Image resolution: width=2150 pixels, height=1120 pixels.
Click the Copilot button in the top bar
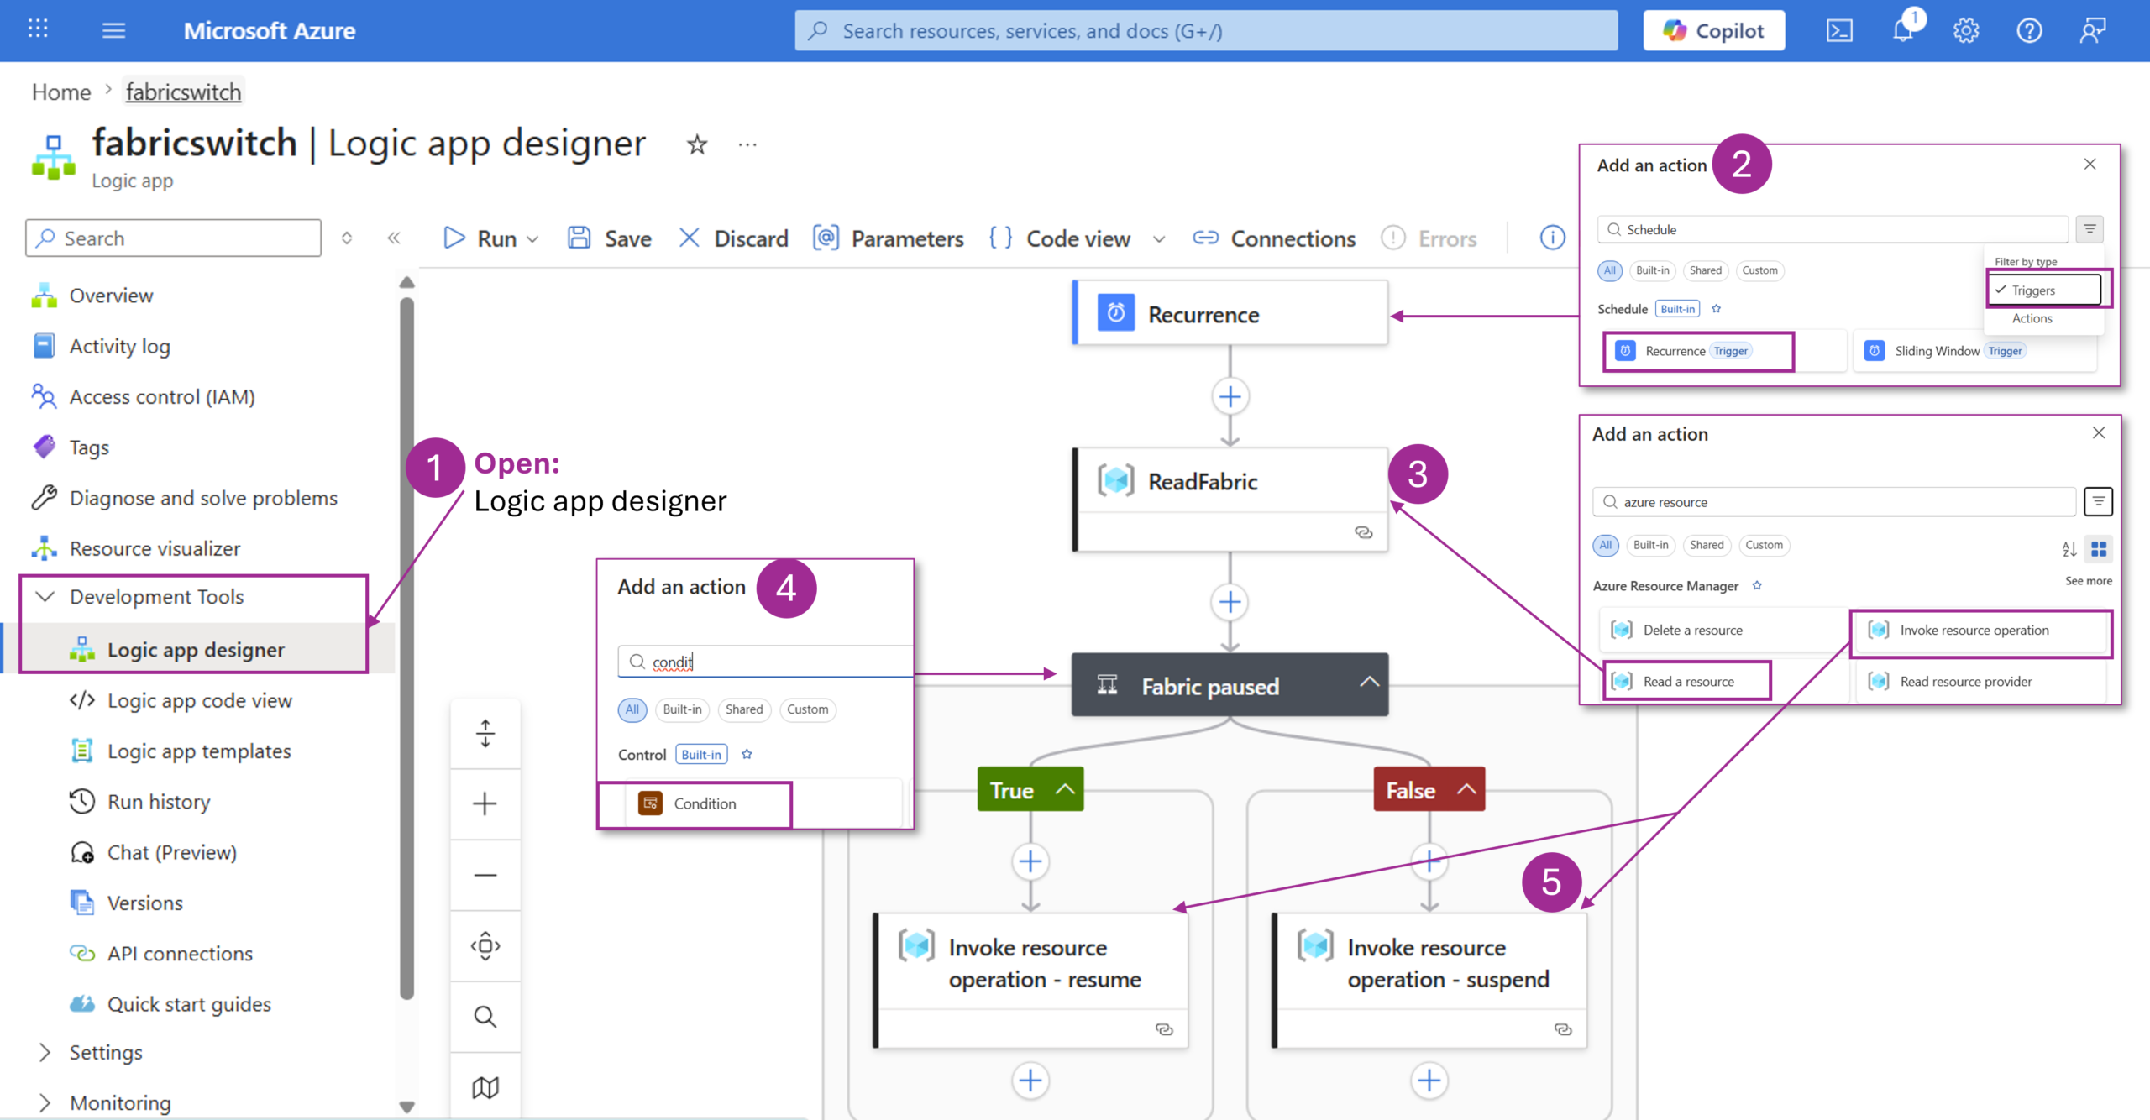pos(1713,31)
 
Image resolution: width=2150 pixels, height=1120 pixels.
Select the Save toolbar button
pos(610,238)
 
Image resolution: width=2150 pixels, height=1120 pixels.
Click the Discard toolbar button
pos(733,238)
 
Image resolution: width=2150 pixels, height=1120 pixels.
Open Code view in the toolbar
pos(1078,238)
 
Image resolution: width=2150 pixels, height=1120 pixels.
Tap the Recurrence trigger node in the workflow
pos(1230,314)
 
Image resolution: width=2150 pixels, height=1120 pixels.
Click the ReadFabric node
pos(1230,500)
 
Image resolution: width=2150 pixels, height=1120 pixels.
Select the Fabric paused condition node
pos(1230,685)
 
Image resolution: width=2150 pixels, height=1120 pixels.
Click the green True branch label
pos(1030,789)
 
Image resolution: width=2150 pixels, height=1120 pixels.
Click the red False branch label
pos(1429,789)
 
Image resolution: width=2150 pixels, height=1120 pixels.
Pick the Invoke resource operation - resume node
pos(1030,981)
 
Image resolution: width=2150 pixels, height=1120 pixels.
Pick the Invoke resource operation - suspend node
pos(1429,981)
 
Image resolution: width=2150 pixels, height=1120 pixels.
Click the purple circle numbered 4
pos(786,588)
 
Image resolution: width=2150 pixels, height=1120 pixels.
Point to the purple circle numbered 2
pos(1742,164)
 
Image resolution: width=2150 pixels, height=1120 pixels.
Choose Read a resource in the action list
pos(1687,681)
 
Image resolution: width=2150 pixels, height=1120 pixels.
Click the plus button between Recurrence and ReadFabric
pos(1230,396)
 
